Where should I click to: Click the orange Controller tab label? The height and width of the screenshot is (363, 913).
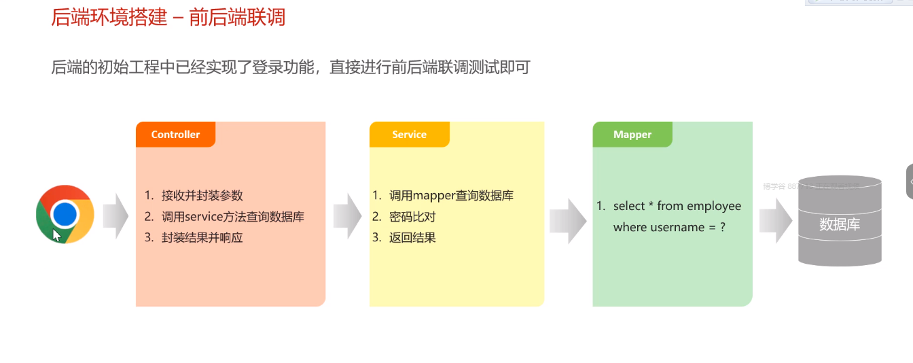click(175, 135)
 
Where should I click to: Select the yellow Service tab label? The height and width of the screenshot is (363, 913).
click(409, 135)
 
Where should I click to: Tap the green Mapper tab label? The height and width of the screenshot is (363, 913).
click(632, 135)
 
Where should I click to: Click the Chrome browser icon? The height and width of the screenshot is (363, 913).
click(65, 214)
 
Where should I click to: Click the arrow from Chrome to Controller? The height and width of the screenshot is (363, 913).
click(115, 215)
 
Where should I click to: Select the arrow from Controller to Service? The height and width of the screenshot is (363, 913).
click(347, 215)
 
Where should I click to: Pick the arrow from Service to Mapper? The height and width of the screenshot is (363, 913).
click(568, 221)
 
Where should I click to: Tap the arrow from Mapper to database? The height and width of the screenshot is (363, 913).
click(776, 221)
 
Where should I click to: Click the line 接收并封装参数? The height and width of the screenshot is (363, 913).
click(202, 196)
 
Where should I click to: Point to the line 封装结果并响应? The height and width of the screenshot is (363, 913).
click(202, 238)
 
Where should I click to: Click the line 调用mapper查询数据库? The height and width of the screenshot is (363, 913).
click(451, 196)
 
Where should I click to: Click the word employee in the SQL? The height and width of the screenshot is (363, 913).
click(714, 206)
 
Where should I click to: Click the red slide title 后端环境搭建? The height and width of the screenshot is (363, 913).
click(109, 17)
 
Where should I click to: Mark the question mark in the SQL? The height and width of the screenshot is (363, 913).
click(723, 227)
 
